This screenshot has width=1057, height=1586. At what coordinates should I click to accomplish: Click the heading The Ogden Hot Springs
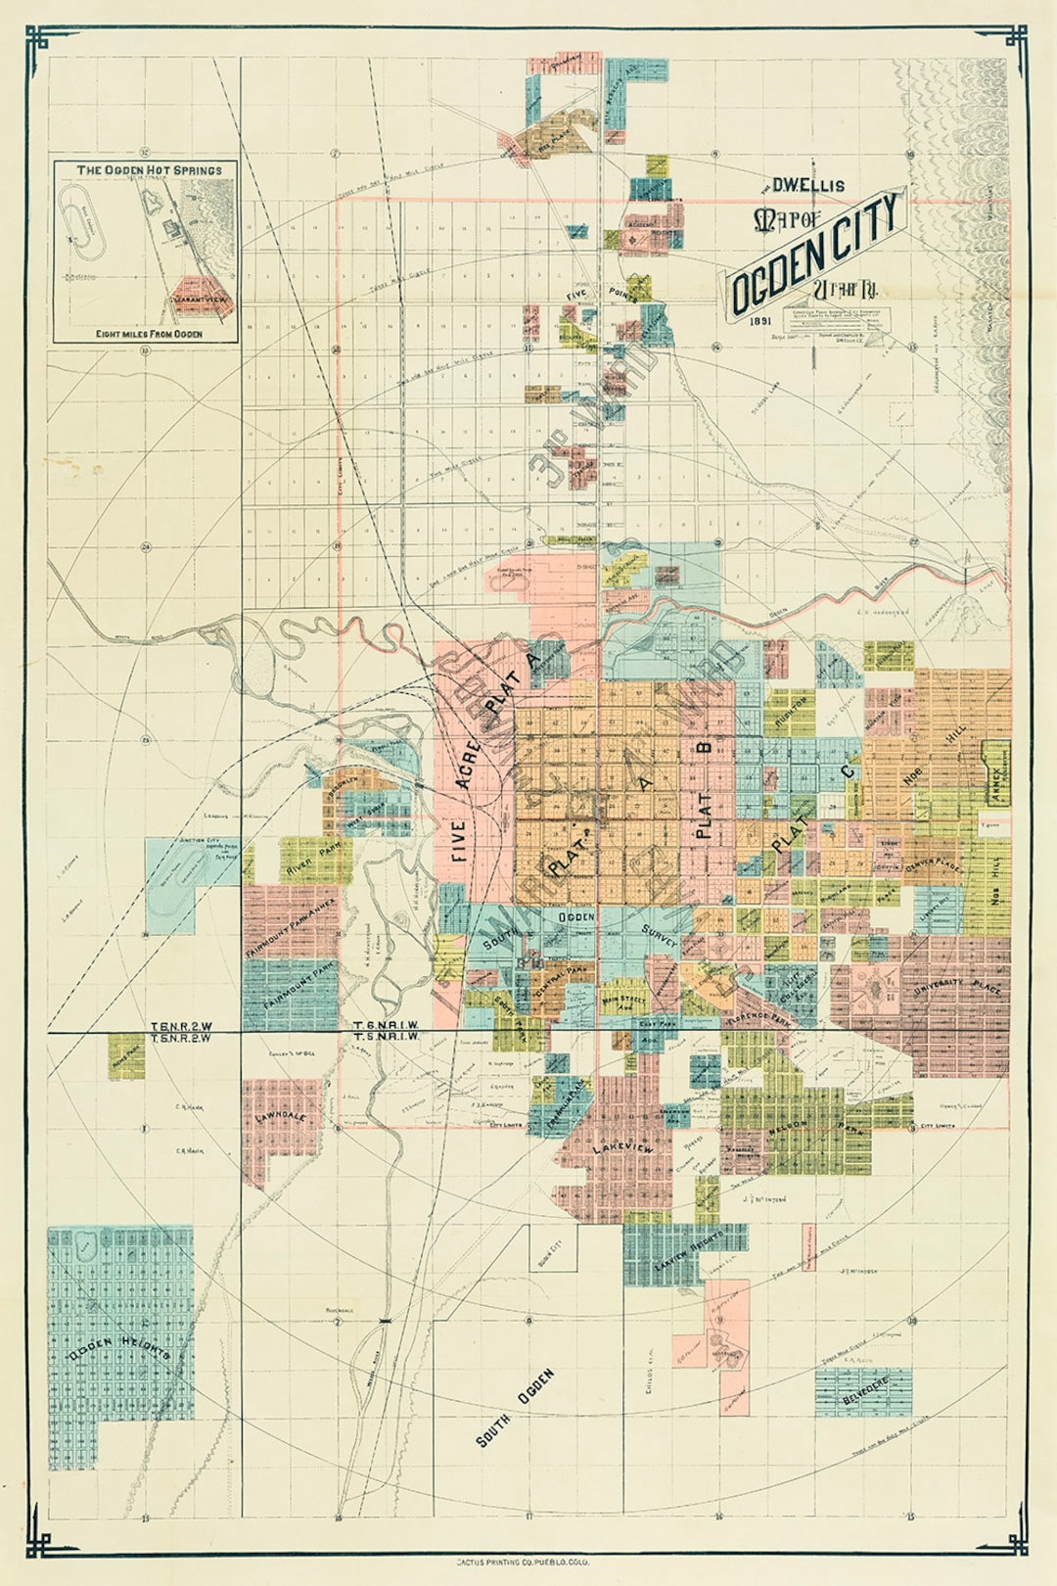(149, 170)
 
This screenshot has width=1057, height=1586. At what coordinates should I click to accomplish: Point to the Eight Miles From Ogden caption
(149, 334)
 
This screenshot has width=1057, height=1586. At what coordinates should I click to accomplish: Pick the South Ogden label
(515, 1407)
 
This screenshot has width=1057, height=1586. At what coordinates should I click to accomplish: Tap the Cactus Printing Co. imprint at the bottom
(528, 1563)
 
